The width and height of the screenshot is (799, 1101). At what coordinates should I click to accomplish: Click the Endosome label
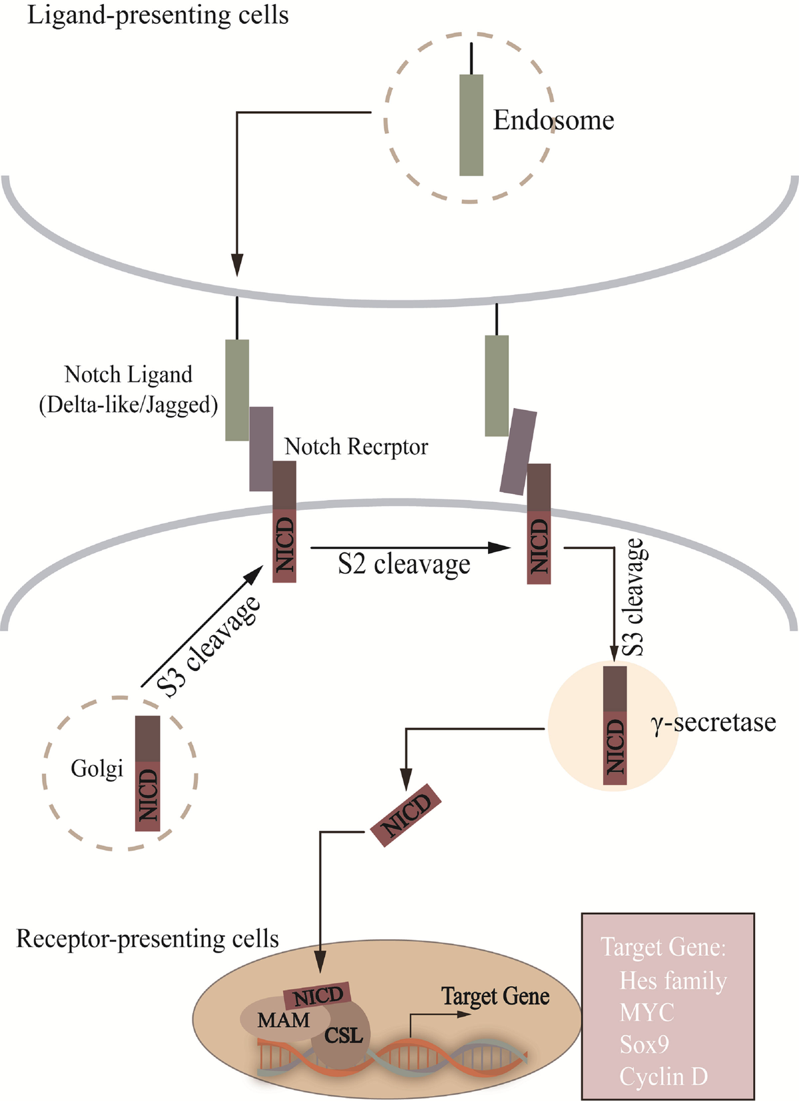pyautogui.click(x=553, y=120)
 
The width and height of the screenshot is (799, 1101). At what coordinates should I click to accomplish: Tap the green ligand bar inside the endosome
pyautogui.click(x=471, y=124)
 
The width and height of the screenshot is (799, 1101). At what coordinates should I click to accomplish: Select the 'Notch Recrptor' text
pyautogui.click(x=356, y=447)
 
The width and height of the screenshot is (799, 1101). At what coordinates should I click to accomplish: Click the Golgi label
pyautogui.click(x=97, y=769)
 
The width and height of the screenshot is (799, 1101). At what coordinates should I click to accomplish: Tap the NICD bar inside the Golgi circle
pyautogui.click(x=148, y=773)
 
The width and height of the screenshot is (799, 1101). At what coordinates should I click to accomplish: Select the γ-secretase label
pyautogui.click(x=713, y=722)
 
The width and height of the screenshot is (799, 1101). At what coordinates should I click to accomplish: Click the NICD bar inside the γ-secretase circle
pyautogui.click(x=615, y=726)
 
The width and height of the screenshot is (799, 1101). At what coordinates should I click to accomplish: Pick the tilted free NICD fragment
pyautogui.click(x=405, y=815)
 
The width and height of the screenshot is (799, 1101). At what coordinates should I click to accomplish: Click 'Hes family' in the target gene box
pyautogui.click(x=672, y=981)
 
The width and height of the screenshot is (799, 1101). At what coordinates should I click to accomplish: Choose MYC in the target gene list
pyautogui.click(x=647, y=1012)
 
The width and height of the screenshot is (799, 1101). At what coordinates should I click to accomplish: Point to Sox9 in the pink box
pyautogui.click(x=644, y=1044)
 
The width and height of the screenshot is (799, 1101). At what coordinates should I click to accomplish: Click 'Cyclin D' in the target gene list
pyautogui.click(x=663, y=1076)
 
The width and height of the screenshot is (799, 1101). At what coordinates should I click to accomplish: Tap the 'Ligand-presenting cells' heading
pyautogui.click(x=158, y=15)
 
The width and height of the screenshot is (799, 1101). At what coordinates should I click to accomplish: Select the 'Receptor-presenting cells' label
pyautogui.click(x=147, y=939)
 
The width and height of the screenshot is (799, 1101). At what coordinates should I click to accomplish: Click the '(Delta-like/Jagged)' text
pyautogui.click(x=129, y=405)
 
